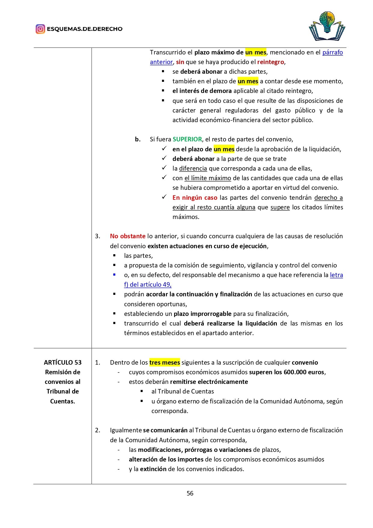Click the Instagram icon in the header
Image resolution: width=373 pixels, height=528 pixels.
[40, 29]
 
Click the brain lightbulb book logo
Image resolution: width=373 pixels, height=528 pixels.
[327, 26]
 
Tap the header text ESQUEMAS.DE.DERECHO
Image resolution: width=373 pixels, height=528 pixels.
[84, 29]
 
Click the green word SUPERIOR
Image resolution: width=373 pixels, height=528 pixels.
[187, 139]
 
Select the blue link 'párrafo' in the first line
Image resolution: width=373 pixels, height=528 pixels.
[332, 52]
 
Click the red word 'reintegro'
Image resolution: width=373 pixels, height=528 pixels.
[270, 62]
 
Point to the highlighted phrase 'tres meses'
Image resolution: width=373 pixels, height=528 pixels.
[164, 363]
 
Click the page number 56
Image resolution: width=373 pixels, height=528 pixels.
[190, 493]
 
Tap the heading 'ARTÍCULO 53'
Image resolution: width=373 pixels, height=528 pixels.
[63, 363]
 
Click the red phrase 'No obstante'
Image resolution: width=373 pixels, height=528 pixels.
[127, 236]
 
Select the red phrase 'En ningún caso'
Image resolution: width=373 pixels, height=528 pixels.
[195, 198]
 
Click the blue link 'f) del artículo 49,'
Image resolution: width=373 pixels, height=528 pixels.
[148, 285]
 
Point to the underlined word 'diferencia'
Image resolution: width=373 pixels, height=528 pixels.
[193, 168]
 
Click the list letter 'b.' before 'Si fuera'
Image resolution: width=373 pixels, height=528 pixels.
[138, 139]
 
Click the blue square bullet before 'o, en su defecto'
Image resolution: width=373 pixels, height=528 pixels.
[114, 275]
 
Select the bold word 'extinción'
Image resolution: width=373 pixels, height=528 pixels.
[153, 469]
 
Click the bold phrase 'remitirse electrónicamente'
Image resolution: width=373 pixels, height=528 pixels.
[209, 382]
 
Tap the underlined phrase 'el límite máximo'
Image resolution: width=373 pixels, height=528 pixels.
[208, 178]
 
